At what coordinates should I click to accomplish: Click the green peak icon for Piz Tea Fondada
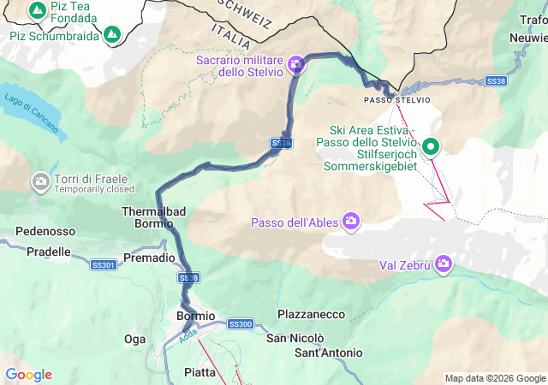[x=37, y=10]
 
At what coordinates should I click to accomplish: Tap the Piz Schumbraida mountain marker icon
[x=112, y=35]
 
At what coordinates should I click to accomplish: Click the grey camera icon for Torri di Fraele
[x=39, y=181]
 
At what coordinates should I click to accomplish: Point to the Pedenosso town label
[x=45, y=231]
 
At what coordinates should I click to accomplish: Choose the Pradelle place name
[x=49, y=252]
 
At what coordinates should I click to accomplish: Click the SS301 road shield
[x=104, y=266]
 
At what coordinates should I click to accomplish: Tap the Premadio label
[x=150, y=258]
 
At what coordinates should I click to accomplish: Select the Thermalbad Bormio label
[x=154, y=217]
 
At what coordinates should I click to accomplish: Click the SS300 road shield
[x=241, y=324]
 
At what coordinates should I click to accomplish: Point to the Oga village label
[x=135, y=340]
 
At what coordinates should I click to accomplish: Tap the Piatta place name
[x=200, y=371]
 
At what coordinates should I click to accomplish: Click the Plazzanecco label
[x=310, y=315]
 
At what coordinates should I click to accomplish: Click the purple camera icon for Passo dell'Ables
[x=351, y=222]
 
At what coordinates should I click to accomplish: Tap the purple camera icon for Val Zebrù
[x=444, y=264]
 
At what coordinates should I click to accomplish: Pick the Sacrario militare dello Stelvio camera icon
[x=296, y=62]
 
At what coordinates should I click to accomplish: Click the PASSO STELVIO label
[x=397, y=100]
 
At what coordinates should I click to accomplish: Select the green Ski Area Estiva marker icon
[x=432, y=146]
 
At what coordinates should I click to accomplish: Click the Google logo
[x=28, y=375]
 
